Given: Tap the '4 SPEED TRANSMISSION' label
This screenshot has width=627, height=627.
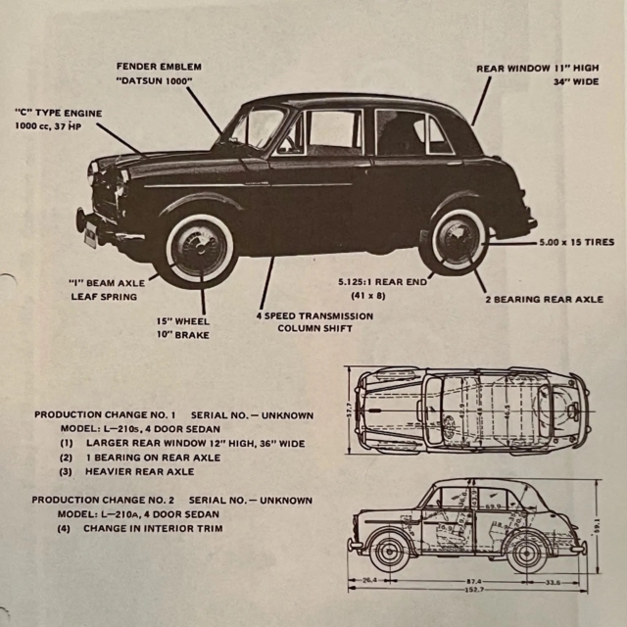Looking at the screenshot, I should (x=314, y=316).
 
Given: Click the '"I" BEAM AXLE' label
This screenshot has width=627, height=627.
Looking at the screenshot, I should (x=107, y=282).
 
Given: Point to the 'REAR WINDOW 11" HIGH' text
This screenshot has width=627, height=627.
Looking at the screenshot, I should (x=537, y=69).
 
